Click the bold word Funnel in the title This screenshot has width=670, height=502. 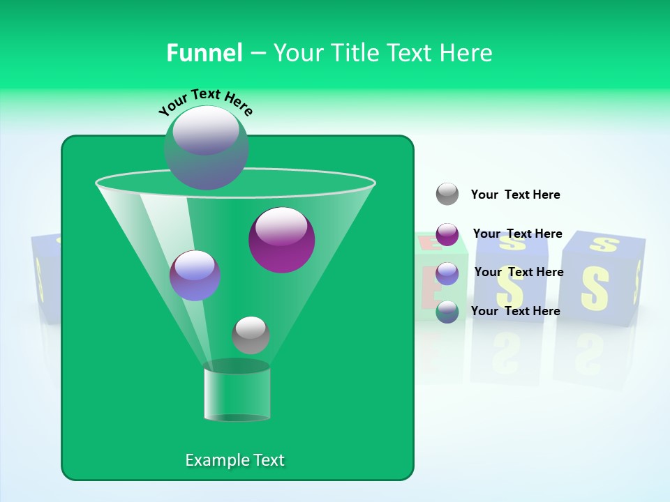204,53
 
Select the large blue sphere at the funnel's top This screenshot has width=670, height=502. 206,147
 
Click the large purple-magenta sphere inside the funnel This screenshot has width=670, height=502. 281,239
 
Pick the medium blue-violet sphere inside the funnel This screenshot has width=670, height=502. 195,275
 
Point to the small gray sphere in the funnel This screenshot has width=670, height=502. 251,335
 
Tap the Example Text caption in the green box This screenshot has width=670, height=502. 234,460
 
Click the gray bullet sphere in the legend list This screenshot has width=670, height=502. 447,194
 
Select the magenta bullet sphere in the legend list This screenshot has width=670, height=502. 447,234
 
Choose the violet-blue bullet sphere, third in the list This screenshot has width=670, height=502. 447,273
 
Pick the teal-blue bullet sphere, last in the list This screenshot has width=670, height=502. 447,312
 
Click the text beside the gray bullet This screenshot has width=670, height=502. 515,195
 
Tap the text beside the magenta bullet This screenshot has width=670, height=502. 517,234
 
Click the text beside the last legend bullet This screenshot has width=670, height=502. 515,311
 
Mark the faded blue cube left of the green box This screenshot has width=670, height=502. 45,279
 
